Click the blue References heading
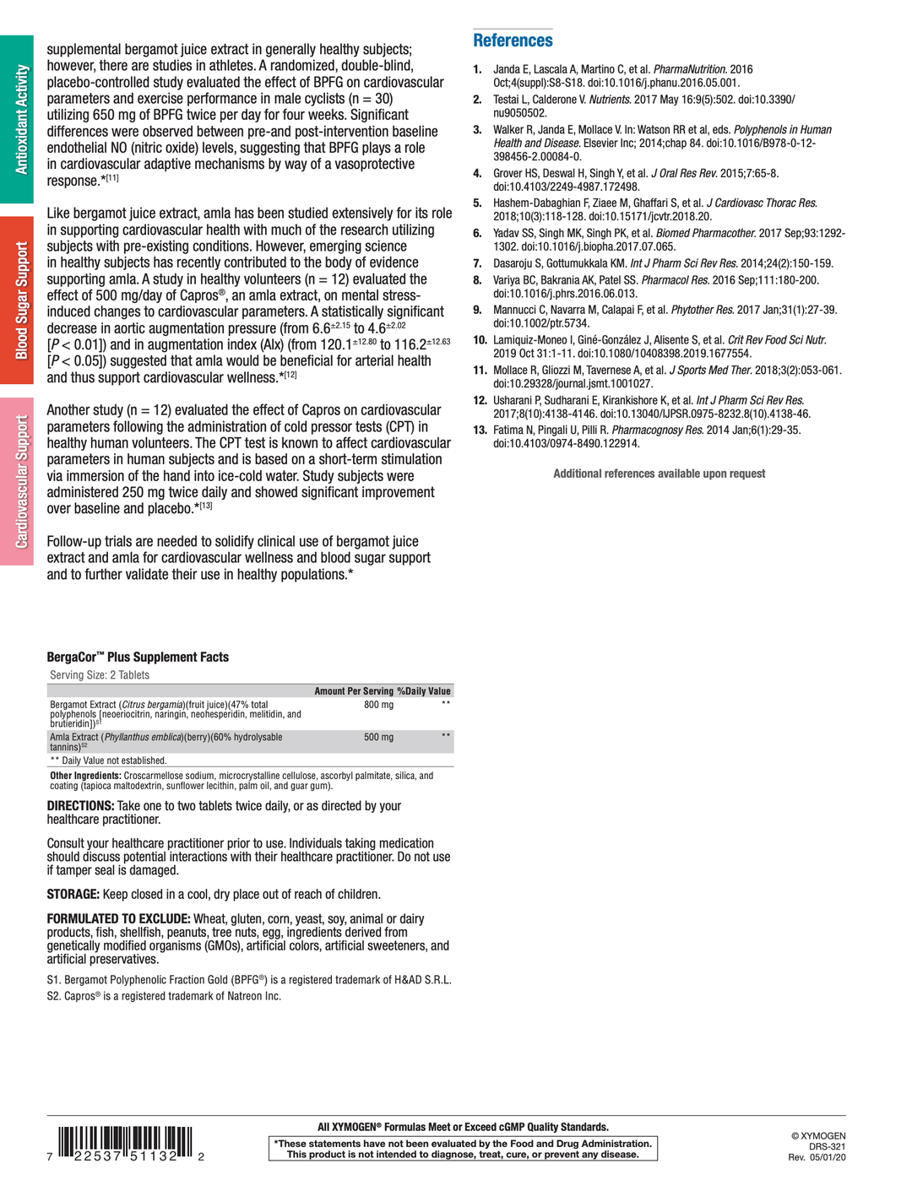[x=513, y=41]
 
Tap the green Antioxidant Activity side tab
[x=17, y=119]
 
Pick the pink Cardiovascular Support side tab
[x=17, y=481]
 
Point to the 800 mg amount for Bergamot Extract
[x=378, y=705]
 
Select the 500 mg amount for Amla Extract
[x=378, y=738]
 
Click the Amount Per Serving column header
[x=354, y=691]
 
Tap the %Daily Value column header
[x=424, y=691]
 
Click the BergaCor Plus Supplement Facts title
[x=138, y=658]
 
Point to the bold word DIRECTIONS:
[x=80, y=806]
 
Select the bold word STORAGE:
[x=73, y=895]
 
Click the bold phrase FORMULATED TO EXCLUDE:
[x=118, y=919]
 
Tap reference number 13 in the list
[x=480, y=430]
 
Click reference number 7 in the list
[x=477, y=263]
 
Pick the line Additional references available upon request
[x=659, y=474]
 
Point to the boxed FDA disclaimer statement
[x=463, y=1149]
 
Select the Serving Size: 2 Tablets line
[x=100, y=675]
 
